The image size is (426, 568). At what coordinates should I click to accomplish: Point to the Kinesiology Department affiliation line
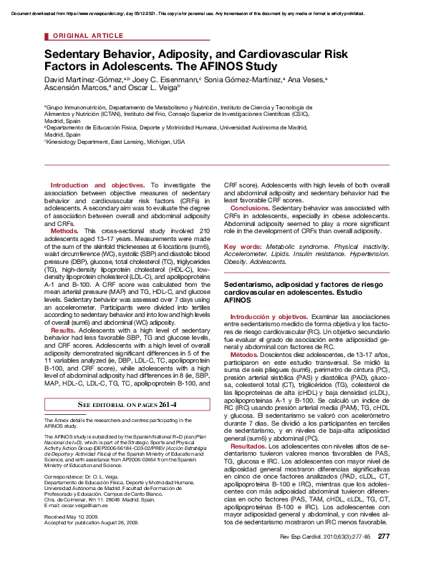(114, 142)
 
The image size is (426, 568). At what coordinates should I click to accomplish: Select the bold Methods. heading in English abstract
(64, 232)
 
